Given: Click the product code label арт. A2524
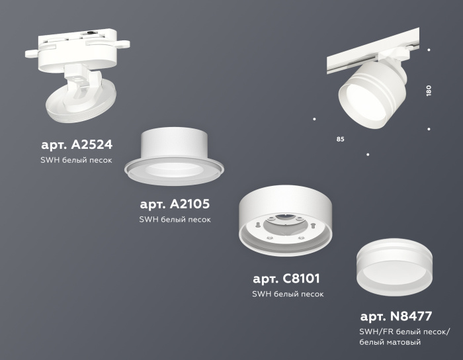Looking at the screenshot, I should tap(76, 144).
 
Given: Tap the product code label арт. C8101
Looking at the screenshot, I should tap(286, 278).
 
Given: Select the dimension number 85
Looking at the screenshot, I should tap(340, 140).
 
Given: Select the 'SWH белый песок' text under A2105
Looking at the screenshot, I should tap(175, 220).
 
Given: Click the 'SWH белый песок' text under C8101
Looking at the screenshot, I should tap(288, 294).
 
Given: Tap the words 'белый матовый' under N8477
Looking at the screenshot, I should tap(390, 342).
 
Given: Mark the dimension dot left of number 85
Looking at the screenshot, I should tap(314, 119).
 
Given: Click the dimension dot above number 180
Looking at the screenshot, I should tap(429, 50).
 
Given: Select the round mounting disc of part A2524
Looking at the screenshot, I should tap(79, 106).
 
